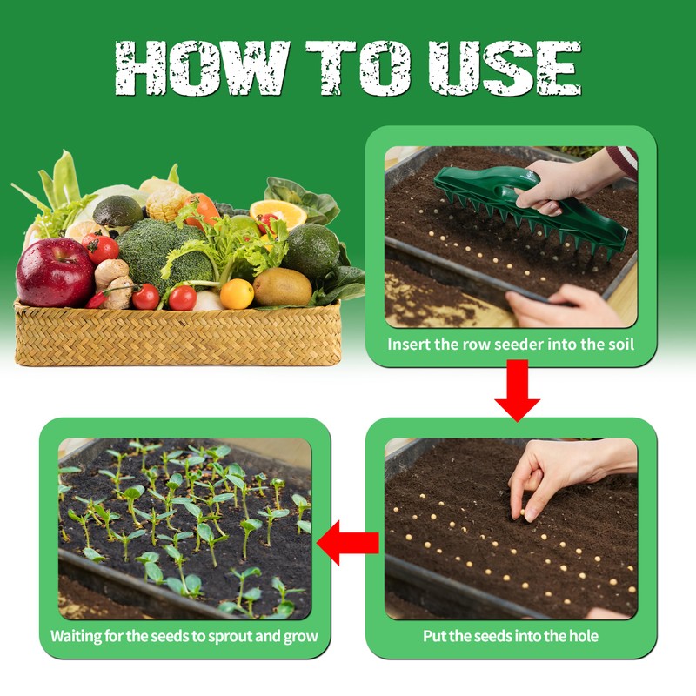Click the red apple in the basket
coord(55,271)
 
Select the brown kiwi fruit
coord(282,286)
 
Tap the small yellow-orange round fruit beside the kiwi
coord(237,294)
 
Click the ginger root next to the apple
coord(113,280)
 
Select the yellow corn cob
coord(166,203)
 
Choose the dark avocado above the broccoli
coord(117,211)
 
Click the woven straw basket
coord(177,335)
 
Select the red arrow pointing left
coord(348,543)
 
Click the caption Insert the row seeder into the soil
coord(511,344)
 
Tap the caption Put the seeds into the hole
coord(511,636)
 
